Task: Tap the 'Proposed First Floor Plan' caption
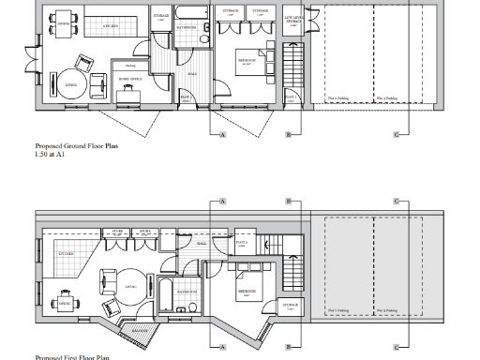72,357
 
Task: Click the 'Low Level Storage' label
292,17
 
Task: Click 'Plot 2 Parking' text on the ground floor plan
384,97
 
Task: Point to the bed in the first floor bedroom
251,280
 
